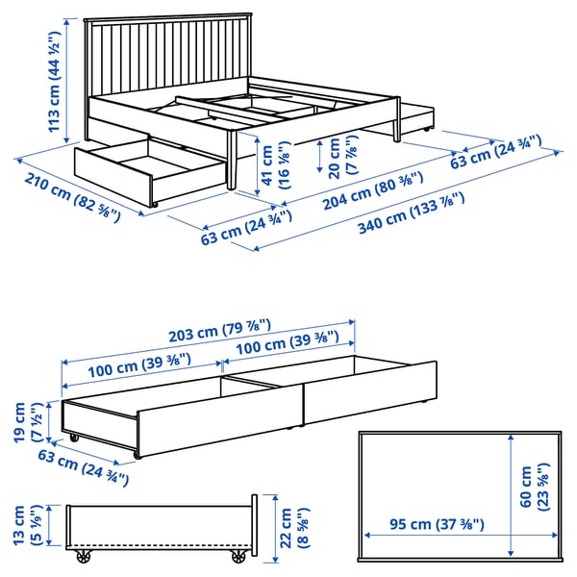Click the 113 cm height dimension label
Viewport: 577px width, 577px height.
pyautogui.click(x=54, y=82)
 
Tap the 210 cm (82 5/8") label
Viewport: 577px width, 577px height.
pyautogui.click(x=72, y=197)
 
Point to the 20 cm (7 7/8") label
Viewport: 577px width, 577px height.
pyautogui.click(x=342, y=157)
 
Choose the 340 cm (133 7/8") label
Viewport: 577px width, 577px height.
pyautogui.click(x=412, y=213)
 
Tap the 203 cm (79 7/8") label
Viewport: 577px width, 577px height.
pyautogui.click(x=219, y=330)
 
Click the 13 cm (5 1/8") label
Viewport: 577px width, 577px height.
pyautogui.click(x=28, y=525)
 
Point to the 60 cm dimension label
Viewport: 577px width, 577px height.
pyautogui.click(x=534, y=487)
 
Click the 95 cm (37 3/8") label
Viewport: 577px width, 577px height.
pyautogui.click(x=437, y=524)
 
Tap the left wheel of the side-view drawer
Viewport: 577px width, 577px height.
pyautogui.click(x=84, y=556)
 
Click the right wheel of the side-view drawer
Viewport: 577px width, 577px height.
pyautogui.click(x=238, y=556)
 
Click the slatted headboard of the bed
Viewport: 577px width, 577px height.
pyautogui.click(x=167, y=55)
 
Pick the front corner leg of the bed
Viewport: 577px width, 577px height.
pyautogui.click(x=232, y=161)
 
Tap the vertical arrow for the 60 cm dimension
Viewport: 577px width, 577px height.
pyautogui.click(x=511, y=494)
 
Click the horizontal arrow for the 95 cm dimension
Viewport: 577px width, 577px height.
pyautogui.click(x=461, y=535)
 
